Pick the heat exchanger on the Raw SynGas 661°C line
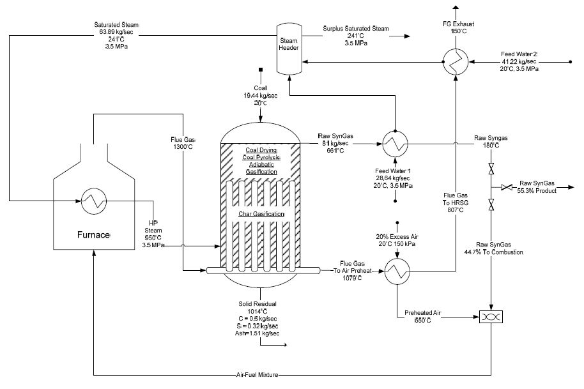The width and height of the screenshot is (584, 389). pos(394,145)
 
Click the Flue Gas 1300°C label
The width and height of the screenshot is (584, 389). pos(183,144)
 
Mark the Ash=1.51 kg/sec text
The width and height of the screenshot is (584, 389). pos(258,333)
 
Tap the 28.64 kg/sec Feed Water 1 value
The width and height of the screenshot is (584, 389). pos(394,178)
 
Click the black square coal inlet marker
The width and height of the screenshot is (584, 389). pos(260,69)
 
